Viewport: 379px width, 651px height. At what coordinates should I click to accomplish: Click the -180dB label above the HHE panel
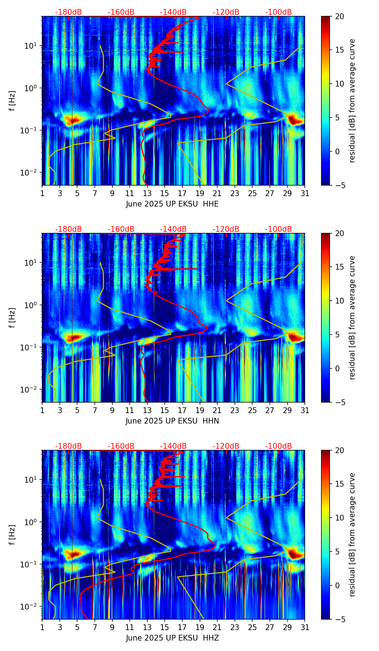pos(68,12)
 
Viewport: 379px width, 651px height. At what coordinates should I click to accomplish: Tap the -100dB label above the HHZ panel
pos(278,446)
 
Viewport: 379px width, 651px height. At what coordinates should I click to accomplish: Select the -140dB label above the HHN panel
pos(173,229)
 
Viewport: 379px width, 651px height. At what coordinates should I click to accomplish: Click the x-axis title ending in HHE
pos(172,204)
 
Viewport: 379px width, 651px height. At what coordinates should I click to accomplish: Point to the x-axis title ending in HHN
pos(172,421)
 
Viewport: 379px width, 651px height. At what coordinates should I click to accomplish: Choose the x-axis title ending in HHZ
pos(172,638)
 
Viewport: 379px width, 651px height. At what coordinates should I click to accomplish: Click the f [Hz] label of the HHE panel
pos(13,101)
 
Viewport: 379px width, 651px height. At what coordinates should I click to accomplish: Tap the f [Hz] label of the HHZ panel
pos(13,535)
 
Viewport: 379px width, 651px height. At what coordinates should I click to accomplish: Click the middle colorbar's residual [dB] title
pos(352,318)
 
